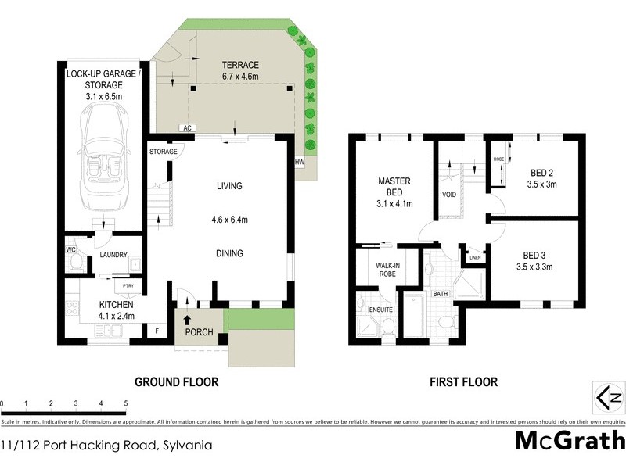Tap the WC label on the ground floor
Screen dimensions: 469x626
tap(70, 250)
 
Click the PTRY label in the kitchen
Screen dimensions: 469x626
tap(118, 285)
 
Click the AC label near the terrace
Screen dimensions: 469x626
tap(187, 127)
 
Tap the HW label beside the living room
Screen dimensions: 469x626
tap(299, 162)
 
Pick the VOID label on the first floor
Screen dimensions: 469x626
tap(449, 195)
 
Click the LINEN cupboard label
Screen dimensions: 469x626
tap(474, 256)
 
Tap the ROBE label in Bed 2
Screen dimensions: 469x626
tap(498, 159)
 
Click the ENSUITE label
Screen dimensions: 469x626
tap(381, 310)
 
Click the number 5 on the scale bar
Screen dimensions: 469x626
tap(125, 403)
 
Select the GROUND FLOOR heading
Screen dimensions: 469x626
tap(176, 382)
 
